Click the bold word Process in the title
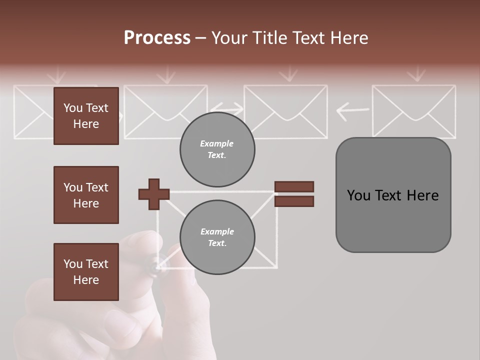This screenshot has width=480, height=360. pyautogui.click(x=157, y=37)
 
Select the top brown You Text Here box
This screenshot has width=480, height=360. pyautogui.click(x=86, y=116)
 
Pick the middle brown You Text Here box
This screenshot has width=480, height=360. pyautogui.click(x=86, y=195)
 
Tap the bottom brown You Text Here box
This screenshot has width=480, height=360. pyautogui.click(x=86, y=271)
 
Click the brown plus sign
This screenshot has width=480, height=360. pyautogui.click(x=154, y=194)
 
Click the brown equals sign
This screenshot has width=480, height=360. pyautogui.click(x=294, y=194)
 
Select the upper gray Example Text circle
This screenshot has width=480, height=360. pyautogui.click(x=217, y=149)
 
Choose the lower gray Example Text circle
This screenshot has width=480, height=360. pyautogui.click(x=217, y=237)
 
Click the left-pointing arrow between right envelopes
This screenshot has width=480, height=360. pyautogui.click(x=352, y=111)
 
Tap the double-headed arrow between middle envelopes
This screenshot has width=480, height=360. pyautogui.click(x=226, y=108)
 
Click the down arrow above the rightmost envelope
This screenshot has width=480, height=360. pyautogui.click(x=415, y=75)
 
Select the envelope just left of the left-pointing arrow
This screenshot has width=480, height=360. pyautogui.click(x=285, y=111)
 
